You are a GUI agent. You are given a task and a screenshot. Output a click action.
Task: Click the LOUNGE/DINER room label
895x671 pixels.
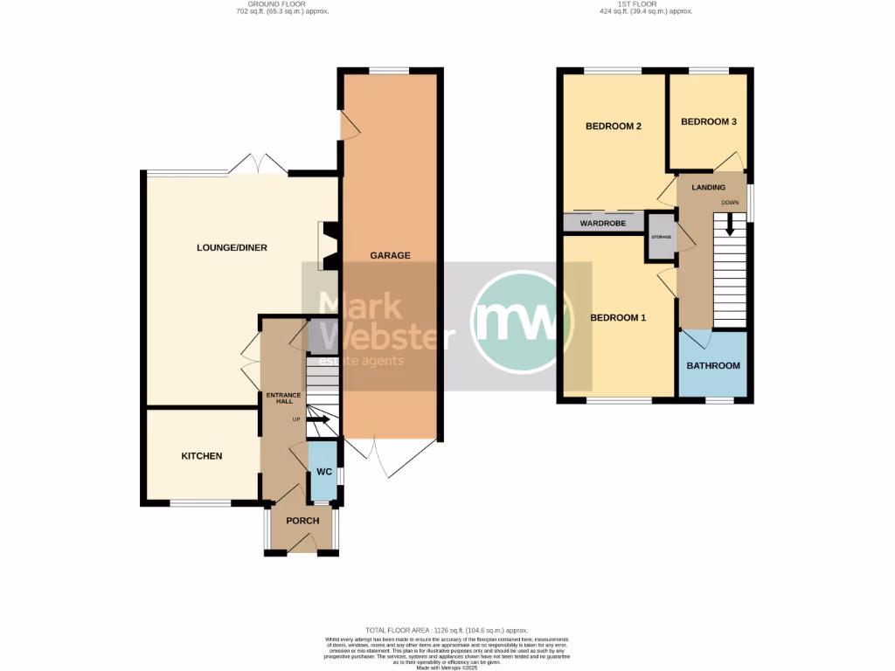232,248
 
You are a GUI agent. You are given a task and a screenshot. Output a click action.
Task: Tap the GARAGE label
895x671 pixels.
390,256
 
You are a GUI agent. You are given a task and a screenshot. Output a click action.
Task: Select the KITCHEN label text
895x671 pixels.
202,456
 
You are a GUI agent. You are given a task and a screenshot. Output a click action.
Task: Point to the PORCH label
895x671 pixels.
302,521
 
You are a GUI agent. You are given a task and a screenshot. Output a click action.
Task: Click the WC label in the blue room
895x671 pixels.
324,472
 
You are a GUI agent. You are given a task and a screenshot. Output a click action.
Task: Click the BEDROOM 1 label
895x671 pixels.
618,317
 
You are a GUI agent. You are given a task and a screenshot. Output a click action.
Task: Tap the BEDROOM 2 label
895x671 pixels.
614,127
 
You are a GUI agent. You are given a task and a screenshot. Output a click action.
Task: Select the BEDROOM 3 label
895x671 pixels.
709,122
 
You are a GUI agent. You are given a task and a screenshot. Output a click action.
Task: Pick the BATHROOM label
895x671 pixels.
713,366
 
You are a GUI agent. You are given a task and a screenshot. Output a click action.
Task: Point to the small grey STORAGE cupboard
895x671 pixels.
661,239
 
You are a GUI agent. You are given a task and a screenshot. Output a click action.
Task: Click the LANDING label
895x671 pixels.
709,188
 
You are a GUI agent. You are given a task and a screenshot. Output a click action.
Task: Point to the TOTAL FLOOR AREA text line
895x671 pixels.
447,630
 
